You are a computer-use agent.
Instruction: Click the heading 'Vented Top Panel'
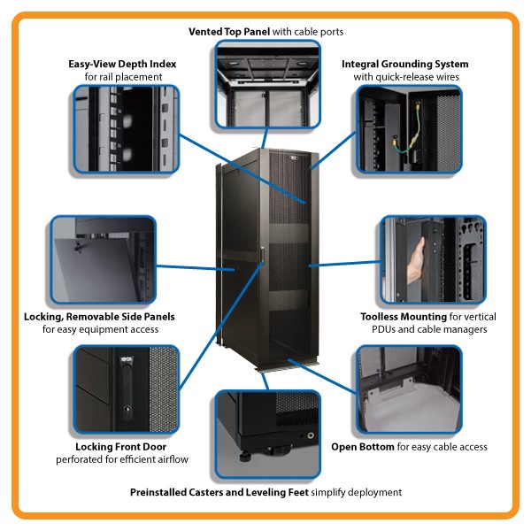point(229,32)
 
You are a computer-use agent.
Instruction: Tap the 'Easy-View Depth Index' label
point(122,64)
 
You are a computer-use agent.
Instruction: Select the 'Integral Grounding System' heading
point(405,65)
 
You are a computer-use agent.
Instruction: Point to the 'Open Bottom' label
point(364,447)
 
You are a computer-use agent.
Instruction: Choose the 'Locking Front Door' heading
point(120,447)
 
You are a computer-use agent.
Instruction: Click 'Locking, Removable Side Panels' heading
point(98,316)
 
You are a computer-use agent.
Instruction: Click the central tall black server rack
point(263,257)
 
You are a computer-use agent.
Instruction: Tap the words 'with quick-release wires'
point(405,77)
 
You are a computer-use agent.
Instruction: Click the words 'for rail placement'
point(122,77)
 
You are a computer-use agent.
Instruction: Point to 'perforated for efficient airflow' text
point(121,460)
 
